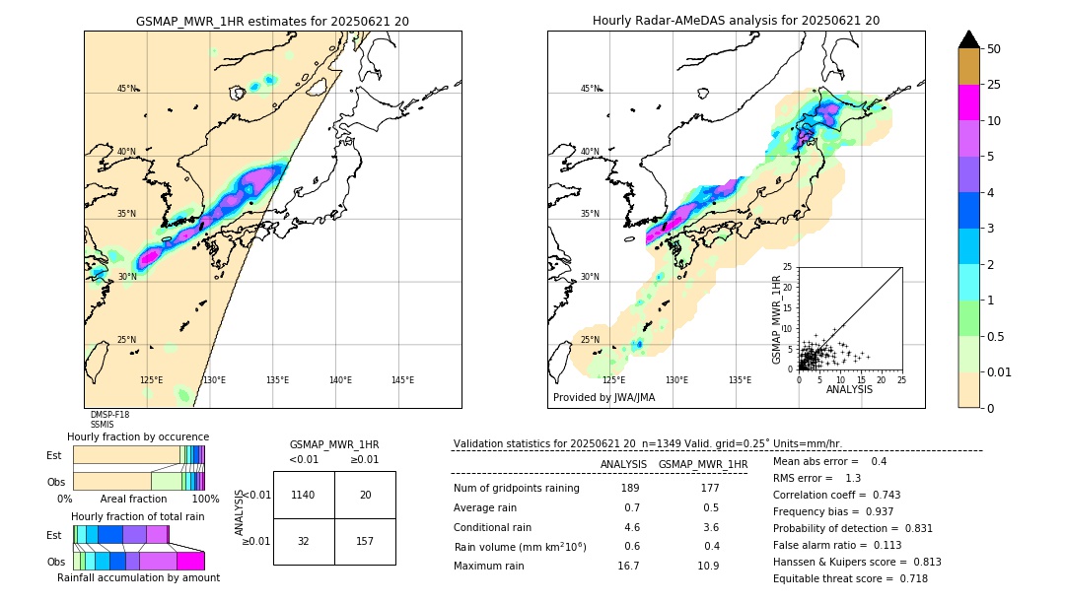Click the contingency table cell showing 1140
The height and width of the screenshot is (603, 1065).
[304, 495]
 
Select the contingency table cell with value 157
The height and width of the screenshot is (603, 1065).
[365, 541]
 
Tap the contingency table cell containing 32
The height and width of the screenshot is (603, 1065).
[304, 541]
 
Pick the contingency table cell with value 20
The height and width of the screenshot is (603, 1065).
[365, 495]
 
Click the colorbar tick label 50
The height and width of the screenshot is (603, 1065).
[994, 49]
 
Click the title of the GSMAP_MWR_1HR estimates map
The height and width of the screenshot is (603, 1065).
[272, 21]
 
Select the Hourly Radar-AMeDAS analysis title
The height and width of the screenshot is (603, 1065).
[736, 21]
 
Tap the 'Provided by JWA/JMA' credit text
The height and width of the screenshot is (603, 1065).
[603, 397]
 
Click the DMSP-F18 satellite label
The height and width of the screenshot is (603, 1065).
[109, 415]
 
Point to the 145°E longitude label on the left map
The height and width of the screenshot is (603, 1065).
[402, 380]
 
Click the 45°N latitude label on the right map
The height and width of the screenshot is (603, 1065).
[590, 89]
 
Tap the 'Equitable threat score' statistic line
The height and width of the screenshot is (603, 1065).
[850, 579]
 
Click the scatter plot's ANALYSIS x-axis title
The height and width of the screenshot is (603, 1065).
[849, 389]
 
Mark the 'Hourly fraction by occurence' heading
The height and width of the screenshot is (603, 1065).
[138, 436]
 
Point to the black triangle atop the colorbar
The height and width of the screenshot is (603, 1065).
[969, 39]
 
